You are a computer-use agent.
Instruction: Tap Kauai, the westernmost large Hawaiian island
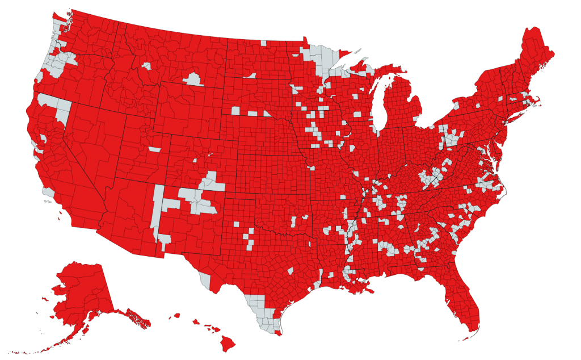176,316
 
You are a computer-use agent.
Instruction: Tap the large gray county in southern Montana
193,79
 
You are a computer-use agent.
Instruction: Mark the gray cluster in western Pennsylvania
452,139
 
